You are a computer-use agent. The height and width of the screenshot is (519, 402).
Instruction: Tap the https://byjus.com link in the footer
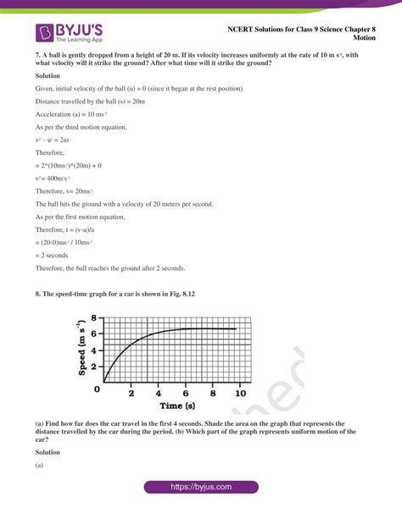coord(200,488)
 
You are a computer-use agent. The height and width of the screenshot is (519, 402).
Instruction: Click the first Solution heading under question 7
coord(48,75)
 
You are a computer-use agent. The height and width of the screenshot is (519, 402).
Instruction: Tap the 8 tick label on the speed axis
coord(94,317)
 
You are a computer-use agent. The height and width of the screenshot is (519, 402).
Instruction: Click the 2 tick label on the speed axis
coord(94,364)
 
